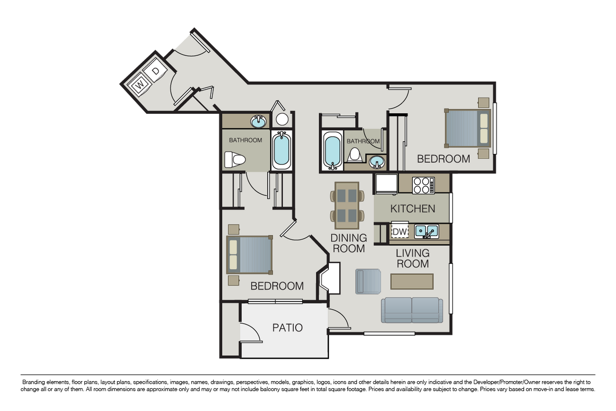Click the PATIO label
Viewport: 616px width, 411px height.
tap(287, 328)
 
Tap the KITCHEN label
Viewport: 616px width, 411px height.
tap(412, 209)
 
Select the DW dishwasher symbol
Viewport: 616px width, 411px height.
tap(400, 232)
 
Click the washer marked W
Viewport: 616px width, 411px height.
tap(141, 85)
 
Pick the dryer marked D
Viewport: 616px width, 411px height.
tap(155, 72)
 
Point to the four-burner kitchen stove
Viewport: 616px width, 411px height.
tap(423, 185)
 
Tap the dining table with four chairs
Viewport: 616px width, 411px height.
tap(347, 205)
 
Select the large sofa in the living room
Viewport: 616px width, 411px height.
tap(412, 310)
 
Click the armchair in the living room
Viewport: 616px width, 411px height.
tap(368, 281)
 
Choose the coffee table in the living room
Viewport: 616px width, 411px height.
tap(412, 281)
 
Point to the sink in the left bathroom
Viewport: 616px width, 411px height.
tap(258, 121)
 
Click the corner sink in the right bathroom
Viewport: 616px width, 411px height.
tap(378, 162)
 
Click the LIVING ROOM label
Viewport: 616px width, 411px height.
tap(412, 258)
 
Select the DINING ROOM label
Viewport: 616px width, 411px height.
tap(348, 243)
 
